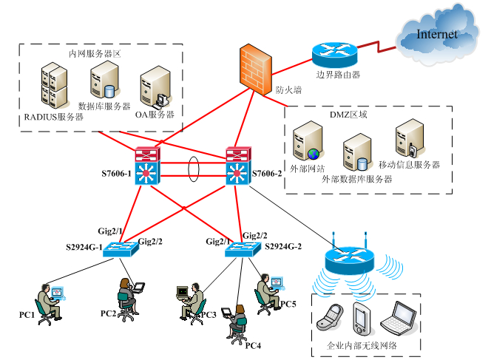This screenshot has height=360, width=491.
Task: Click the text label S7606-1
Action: pyautogui.click(x=116, y=174)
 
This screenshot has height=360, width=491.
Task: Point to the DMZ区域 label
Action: pyautogui.click(x=348, y=115)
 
